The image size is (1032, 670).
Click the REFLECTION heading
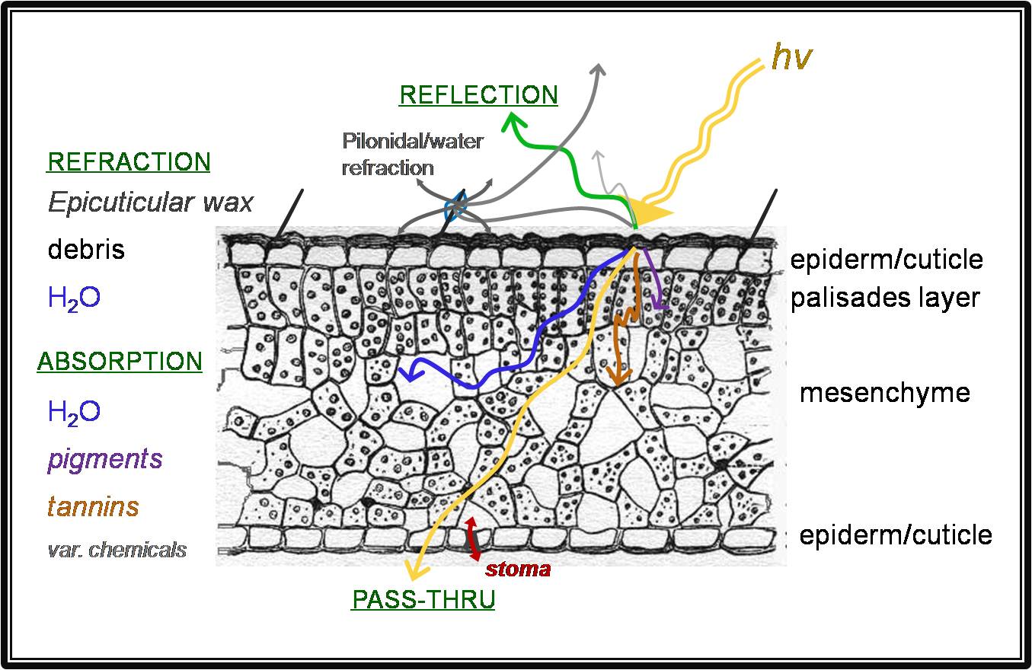coord(478,94)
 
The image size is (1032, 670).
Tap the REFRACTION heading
coord(129,161)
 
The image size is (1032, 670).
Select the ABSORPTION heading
coord(120,360)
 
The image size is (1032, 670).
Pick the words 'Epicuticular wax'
coord(150,202)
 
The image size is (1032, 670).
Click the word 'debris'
coord(86,249)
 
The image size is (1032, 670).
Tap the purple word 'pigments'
coord(104,459)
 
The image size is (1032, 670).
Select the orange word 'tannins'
coord(93,506)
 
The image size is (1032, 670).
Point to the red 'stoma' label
coord(518,568)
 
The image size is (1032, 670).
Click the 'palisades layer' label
coord(884,298)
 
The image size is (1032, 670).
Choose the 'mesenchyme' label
coord(884,393)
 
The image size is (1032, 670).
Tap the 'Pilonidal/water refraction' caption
coord(412,154)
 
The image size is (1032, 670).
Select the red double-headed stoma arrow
coord(473,538)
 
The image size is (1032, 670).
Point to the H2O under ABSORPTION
coord(74,412)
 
